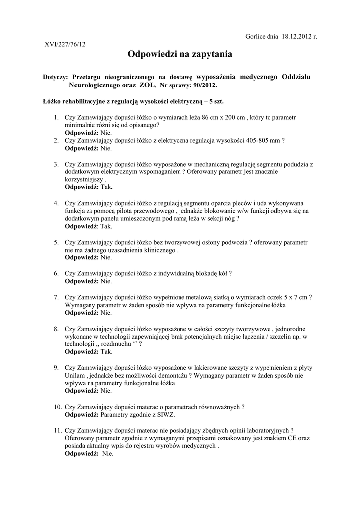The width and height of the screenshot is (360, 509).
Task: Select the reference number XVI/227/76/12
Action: (x=65, y=44)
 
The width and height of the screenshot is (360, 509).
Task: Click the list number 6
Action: (x=56, y=273)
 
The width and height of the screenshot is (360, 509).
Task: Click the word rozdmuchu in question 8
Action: (x=116, y=344)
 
